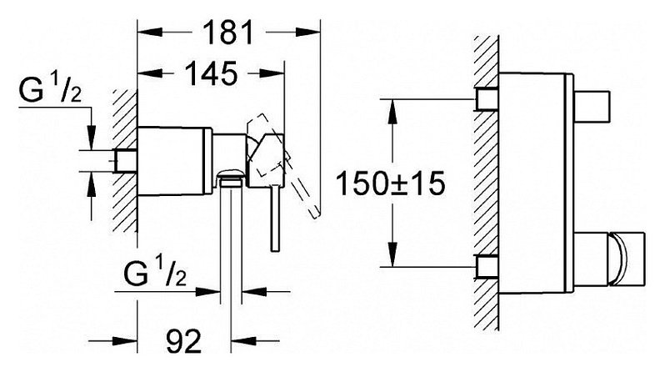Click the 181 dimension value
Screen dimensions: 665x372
pyautogui.click(x=228, y=33)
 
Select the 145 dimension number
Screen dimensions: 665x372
pyautogui.click(x=212, y=73)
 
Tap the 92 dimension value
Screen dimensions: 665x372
pyautogui.click(x=183, y=341)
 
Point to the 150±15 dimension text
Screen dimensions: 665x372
pyautogui.click(x=390, y=183)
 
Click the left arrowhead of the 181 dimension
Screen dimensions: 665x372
pyautogui.click(x=150, y=33)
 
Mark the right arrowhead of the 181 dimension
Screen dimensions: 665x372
pyautogui.click(x=307, y=33)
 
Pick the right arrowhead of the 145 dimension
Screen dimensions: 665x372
pyautogui.click(x=272, y=73)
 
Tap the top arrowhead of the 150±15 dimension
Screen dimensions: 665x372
pyautogui.click(x=393, y=112)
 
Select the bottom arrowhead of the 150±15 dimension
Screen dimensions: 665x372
pyautogui.click(x=393, y=254)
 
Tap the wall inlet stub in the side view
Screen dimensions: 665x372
pyautogui.click(x=125, y=161)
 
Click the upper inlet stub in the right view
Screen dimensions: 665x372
pyautogui.click(x=487, y=99)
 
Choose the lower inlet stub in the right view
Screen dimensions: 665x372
pyautogui.click(x=487, y=267)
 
